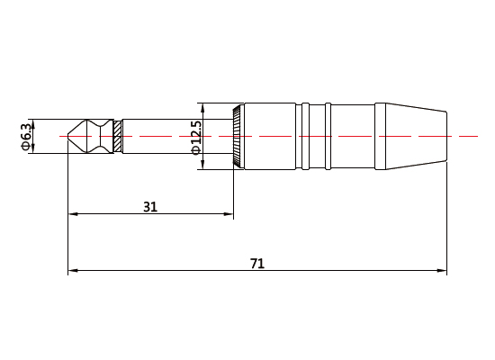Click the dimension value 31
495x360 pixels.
[x=150, y=206]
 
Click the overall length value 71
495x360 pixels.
[x=256, y=263]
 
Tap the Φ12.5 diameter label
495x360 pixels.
[x=195, y=137]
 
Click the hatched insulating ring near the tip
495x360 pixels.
[x=117, y=137]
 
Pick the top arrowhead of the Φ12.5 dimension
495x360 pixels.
[x=203, y=109]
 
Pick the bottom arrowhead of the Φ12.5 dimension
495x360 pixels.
[x=203, y=165]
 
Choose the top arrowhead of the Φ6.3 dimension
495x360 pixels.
[x=32, y=123]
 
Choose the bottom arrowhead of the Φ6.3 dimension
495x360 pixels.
[x=32, y=150]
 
